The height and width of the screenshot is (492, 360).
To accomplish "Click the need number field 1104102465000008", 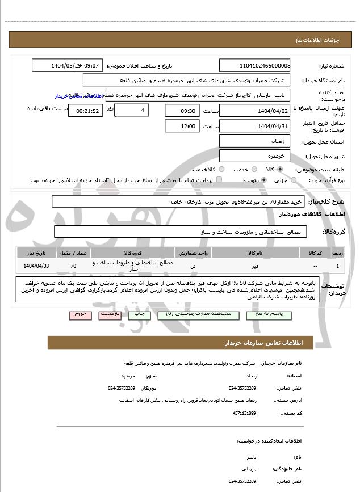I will tap(255, 66).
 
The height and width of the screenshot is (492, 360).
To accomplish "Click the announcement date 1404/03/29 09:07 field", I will tap(68, 66).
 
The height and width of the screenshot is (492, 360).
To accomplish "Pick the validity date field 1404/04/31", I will tap(255, 126).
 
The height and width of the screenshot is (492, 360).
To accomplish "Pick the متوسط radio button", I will tap(264, 180).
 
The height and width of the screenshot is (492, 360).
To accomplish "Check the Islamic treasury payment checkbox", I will tap(220, 180).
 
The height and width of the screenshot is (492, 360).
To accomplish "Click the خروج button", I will tap(80, 313).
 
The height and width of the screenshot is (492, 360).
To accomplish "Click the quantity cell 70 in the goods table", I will tap(73, 266).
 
